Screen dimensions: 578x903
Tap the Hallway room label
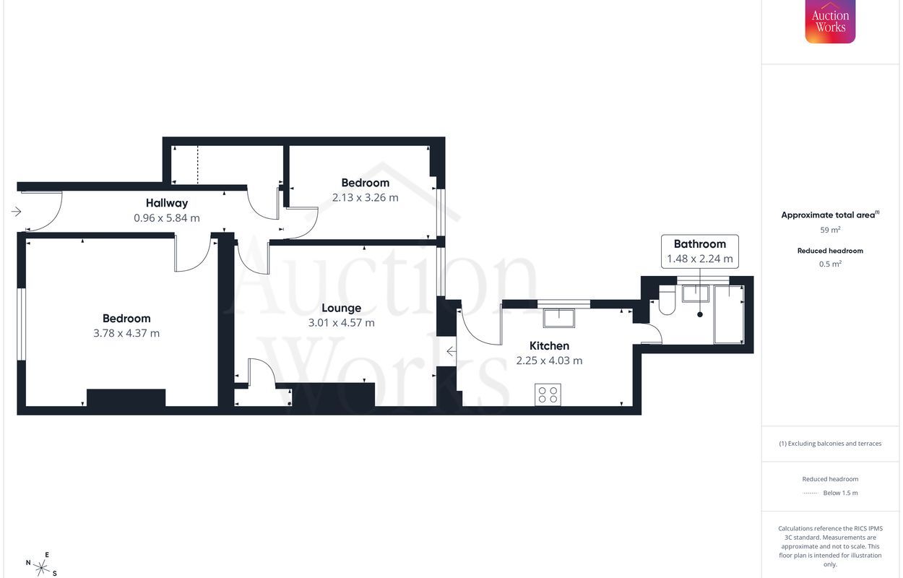[x=167, y=203]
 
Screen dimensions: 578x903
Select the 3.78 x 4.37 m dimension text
[x=126, y=333]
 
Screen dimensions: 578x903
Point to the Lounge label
[x=341, y=308]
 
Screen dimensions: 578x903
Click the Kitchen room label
[x=549, y=345]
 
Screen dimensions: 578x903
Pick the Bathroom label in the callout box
[x=699, y=244]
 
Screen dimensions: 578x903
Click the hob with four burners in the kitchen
[x=548, y=394]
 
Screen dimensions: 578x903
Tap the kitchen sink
[x=559, y=318]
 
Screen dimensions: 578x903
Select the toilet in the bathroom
[x=666, y=301]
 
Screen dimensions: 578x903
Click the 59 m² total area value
[x=830, y=230]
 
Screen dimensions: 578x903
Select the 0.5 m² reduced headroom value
[x=830, y=264]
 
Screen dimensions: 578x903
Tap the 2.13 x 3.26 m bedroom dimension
[x=365, y=197]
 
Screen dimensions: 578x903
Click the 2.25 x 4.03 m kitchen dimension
[x=549, y=361]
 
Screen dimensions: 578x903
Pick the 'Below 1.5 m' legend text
[x=840, y=493]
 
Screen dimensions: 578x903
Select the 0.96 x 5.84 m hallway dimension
[x=167, y=217]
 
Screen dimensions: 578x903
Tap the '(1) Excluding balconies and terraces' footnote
[x=830, y=444]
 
